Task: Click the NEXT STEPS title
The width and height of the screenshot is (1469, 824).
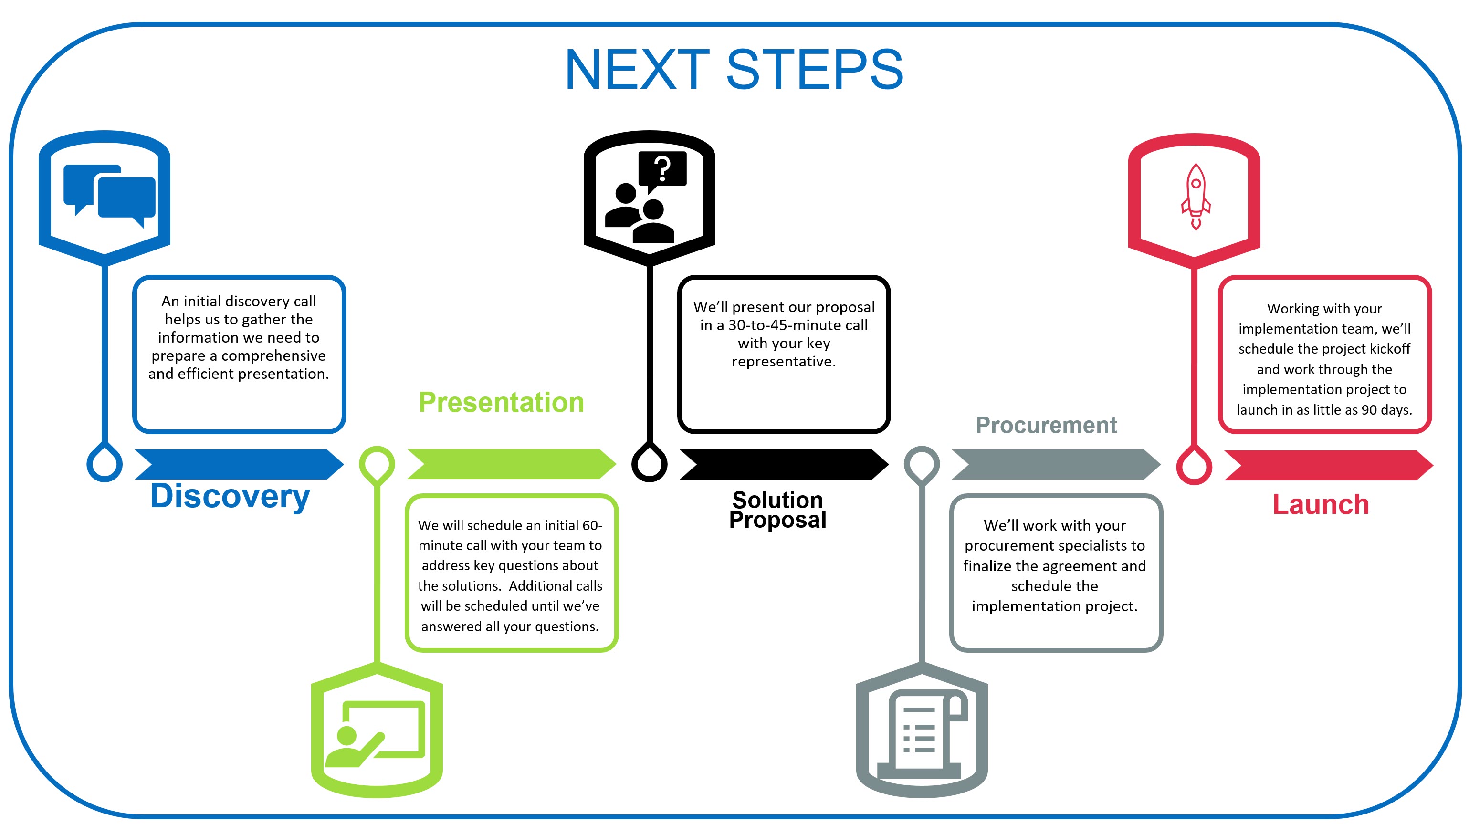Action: tap(734, 70)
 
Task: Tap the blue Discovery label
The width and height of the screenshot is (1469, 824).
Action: tap(230, 496)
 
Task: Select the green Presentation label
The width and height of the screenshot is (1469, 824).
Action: tap(501, 403)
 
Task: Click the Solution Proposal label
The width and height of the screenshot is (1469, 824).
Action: tap(777, 509)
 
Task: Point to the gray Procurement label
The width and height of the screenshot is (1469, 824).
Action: tap(1045, 426)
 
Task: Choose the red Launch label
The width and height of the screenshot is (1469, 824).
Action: tap(1320, 505)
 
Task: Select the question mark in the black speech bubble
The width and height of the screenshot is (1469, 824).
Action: tap(662, 169)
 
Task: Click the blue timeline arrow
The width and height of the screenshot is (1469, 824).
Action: tap(239, 464)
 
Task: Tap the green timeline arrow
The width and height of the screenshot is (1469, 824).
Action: tap(511, 464)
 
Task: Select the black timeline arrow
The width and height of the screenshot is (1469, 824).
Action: tap(784, 464)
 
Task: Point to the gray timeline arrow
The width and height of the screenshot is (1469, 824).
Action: tap(1056, 464)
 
